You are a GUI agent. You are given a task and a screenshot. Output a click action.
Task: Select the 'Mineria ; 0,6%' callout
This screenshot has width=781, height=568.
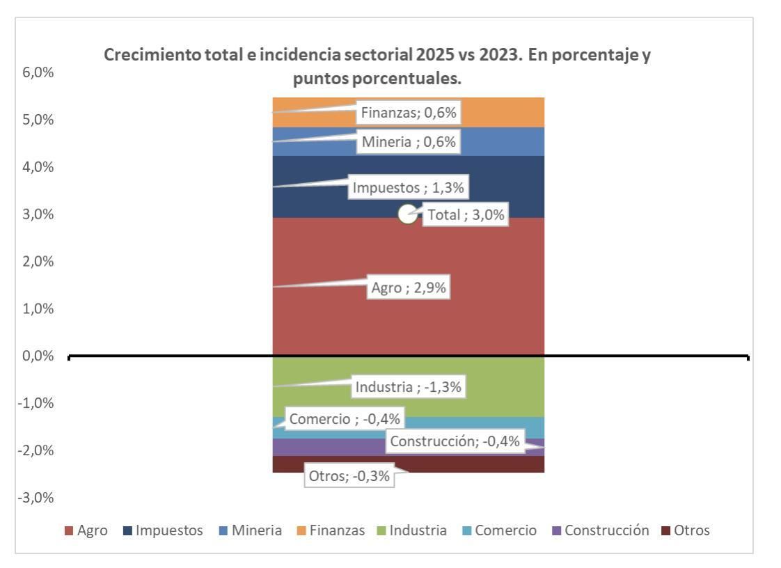pos(409,143)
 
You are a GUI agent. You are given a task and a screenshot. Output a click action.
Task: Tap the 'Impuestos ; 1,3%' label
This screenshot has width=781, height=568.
pos(409,187)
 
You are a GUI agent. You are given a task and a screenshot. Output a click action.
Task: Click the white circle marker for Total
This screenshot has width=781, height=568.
pos(408,215)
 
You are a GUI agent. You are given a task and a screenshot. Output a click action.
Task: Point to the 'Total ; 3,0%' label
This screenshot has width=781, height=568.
pos(464,215)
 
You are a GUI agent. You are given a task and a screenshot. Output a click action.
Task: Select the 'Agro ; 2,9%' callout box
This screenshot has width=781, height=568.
pos(409,288)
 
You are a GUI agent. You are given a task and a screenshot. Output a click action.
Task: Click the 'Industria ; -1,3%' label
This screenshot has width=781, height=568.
pos(409,387)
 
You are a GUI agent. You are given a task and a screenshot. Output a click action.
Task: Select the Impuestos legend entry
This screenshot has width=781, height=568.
pos(164,530)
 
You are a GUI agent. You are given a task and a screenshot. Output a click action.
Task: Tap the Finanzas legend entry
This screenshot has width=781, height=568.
pos(331,530)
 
